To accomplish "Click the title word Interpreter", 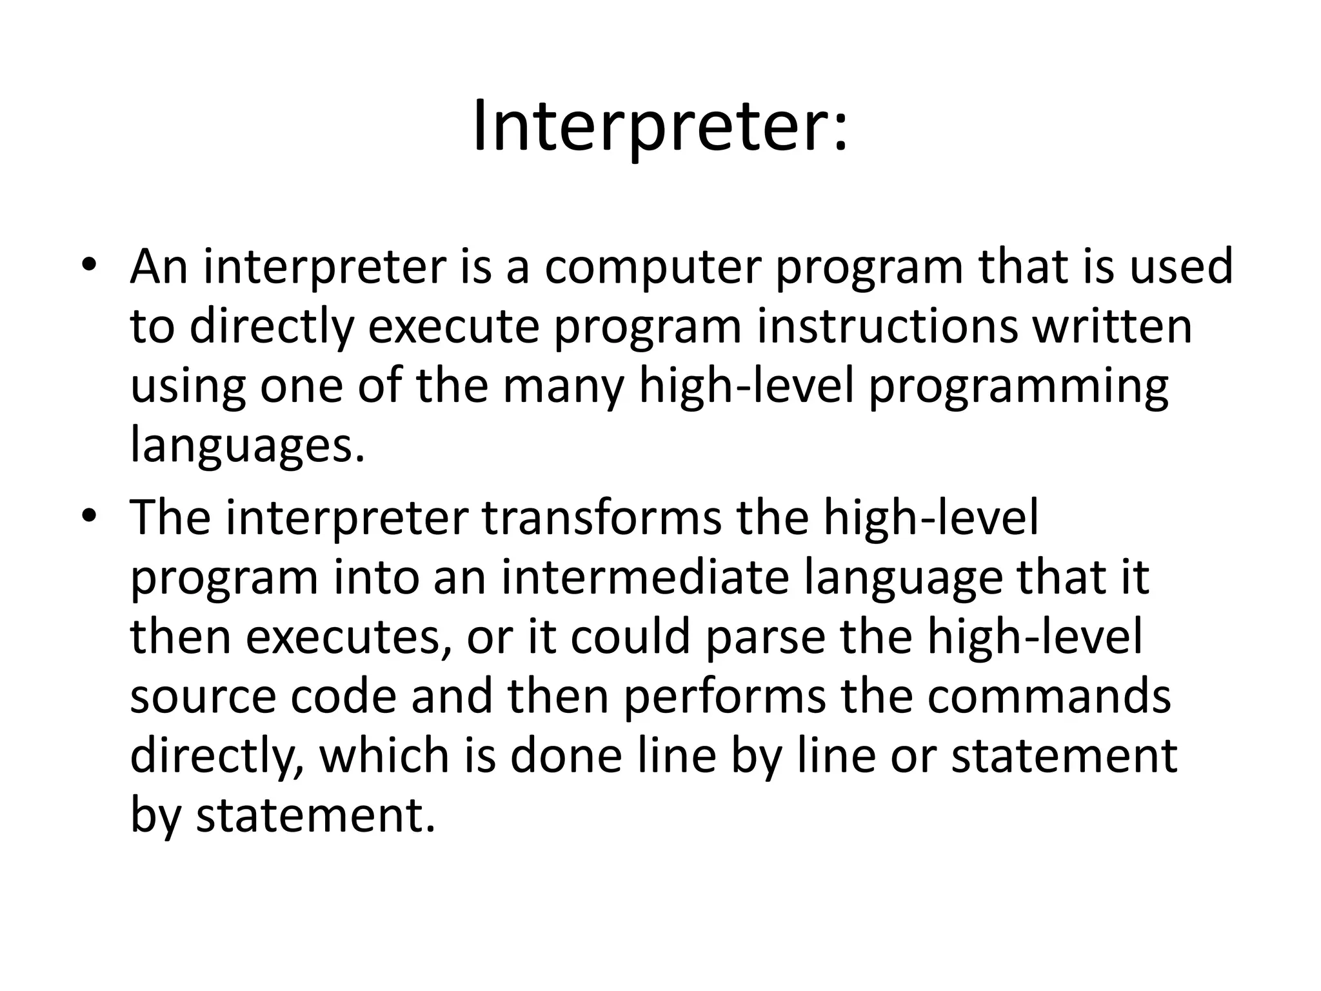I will tap(659, 128).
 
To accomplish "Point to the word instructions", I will tap(887, 326).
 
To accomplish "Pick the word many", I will tap(562, 387).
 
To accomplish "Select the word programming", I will tap(1018, 387).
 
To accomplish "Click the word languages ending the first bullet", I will tap(247, 446).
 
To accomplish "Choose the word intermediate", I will tap(646, 577).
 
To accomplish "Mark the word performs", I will tap(724, 697).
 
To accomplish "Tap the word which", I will tap(384, 756).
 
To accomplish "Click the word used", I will tap(1181, 266).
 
